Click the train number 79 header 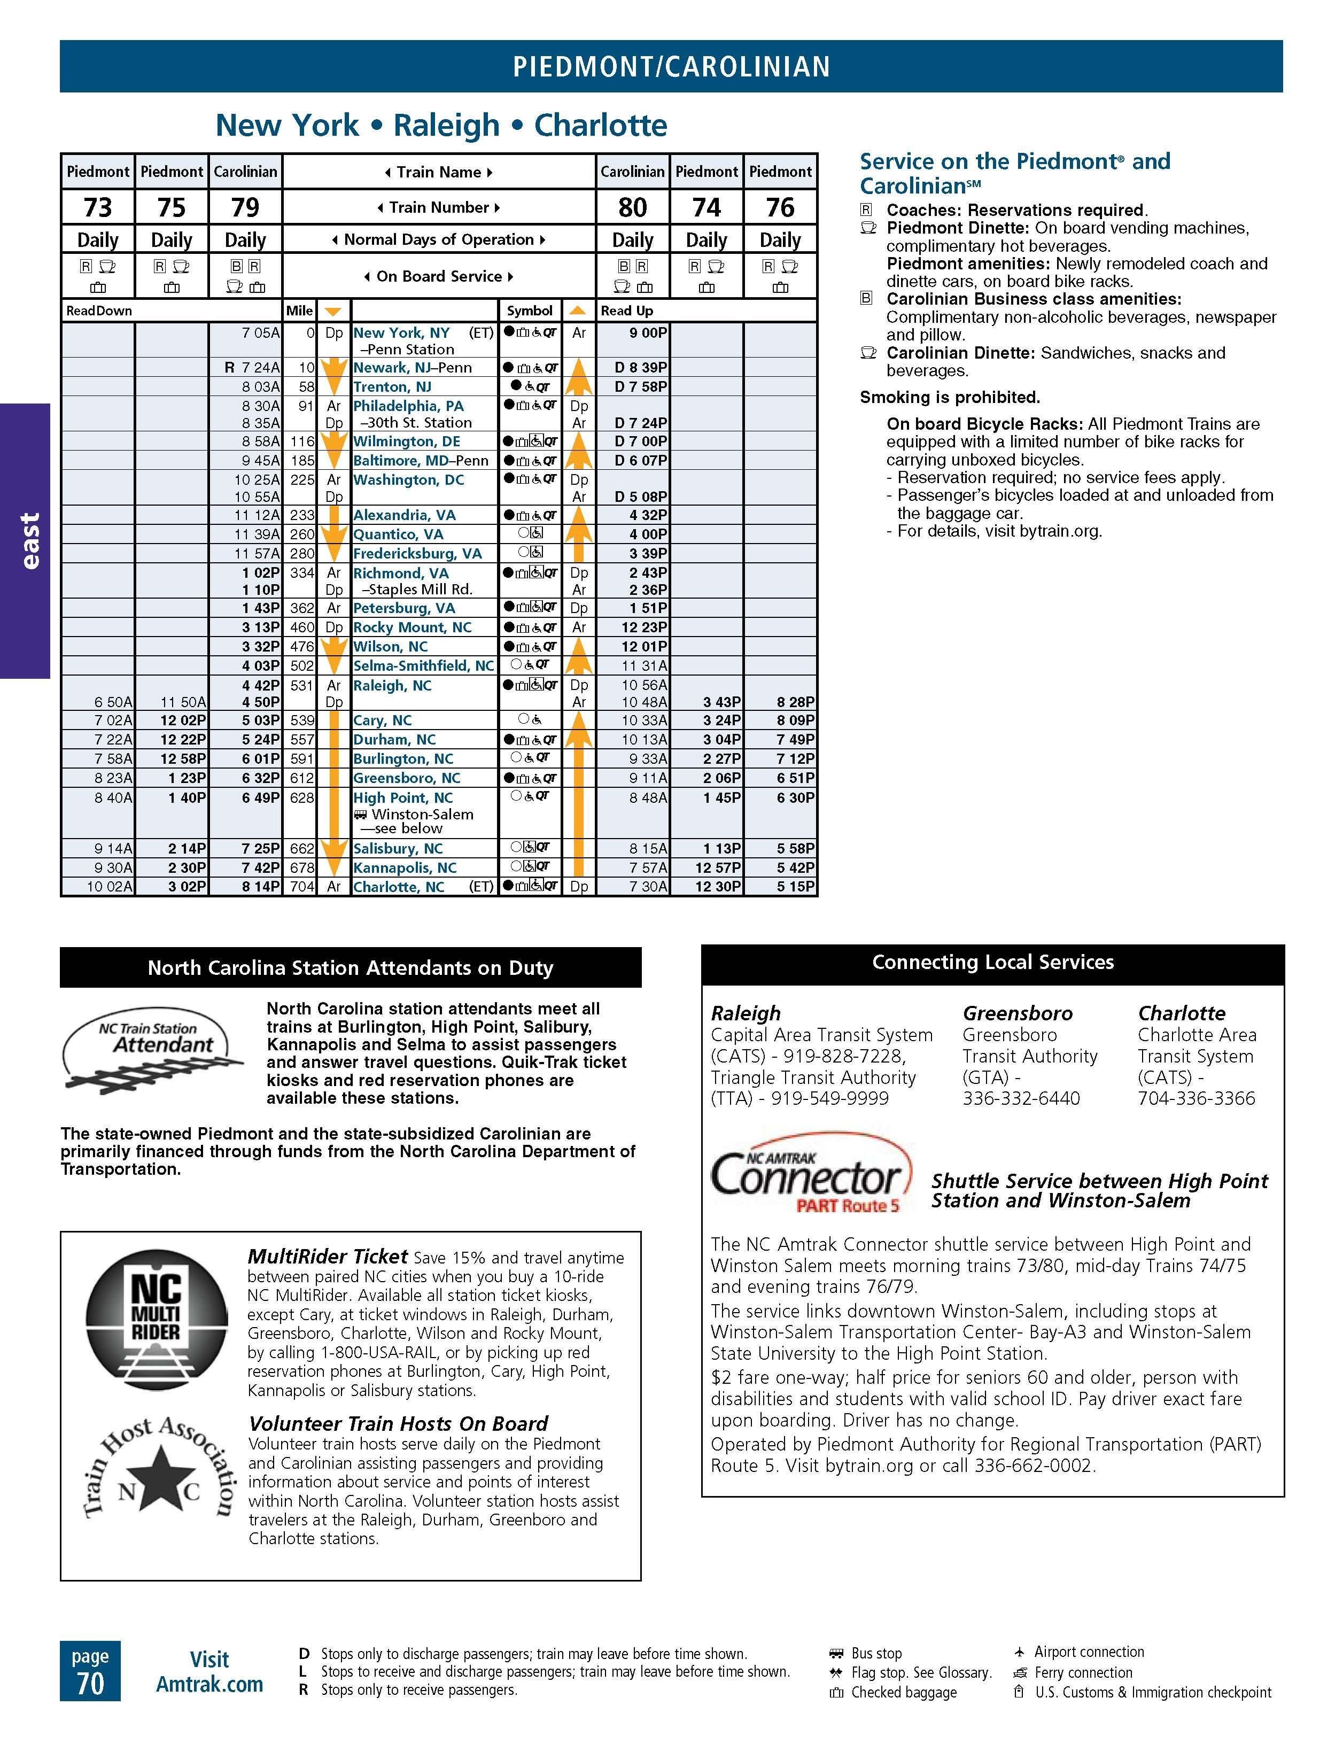point(245,207)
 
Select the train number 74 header point(707,207)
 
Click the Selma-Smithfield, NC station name point(423,666)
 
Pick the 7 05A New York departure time point(261,333)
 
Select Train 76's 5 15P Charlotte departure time point(795,886)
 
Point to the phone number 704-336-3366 point(1196,1099)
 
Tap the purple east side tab point(26,540)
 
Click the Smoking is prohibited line point(949,398)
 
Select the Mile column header point(299,311)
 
